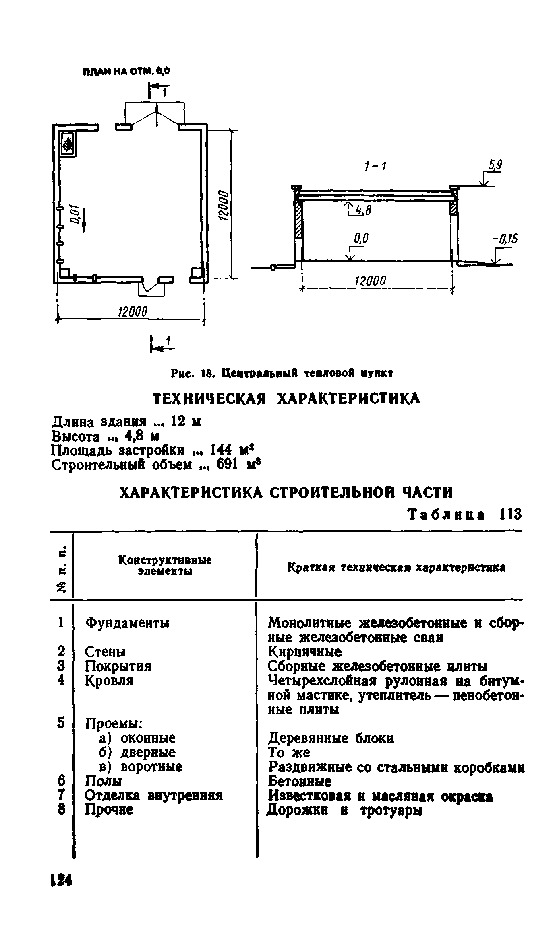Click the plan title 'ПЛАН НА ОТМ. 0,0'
coord(126,72)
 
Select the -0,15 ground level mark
coord(505,240)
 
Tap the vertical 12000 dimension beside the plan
coord(223,204)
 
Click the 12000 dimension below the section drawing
coord(370,281)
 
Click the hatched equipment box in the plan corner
coord(68,144)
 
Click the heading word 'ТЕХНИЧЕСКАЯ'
coord(209,399)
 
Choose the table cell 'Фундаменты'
coord(127,623)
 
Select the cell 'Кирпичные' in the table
coord(305,651)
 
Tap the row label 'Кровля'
coord(109,680)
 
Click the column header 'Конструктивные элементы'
coord(165,566)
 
